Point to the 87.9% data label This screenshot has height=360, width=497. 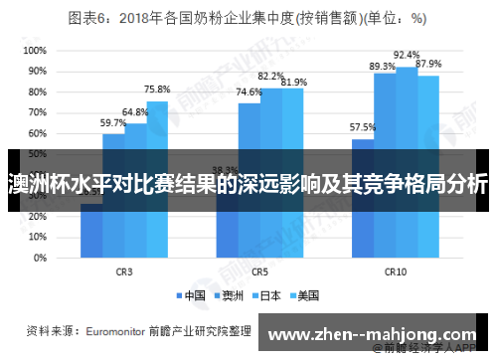tap(429, 64)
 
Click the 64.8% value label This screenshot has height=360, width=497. tap(135, 112)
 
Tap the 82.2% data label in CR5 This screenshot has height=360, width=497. tap(270, 76)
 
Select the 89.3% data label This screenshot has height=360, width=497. tap(383, 66)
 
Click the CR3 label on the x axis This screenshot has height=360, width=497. tap(124, 270)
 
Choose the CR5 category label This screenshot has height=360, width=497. tap(259, 270)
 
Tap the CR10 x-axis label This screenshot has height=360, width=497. tap(396, 270)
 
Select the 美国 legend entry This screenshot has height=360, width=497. tap(304, 295)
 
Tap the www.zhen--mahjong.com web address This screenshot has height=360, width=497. tap(380, 335)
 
